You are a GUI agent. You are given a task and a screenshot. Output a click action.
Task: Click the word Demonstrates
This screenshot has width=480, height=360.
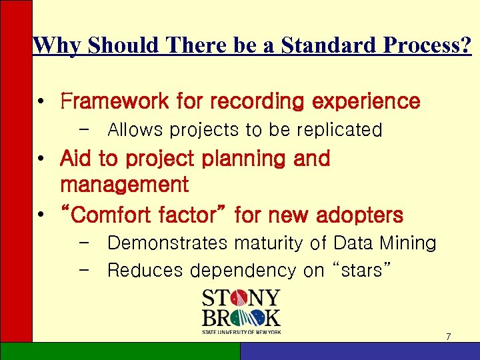tap(167, 243)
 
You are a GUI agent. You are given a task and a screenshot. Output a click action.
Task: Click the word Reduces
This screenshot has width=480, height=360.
tap(145, 271)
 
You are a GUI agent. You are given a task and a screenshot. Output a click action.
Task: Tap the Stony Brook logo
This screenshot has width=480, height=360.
tap(241, 311)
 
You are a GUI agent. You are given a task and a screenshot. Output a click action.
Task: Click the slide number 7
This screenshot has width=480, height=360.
tap(448, 337)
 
